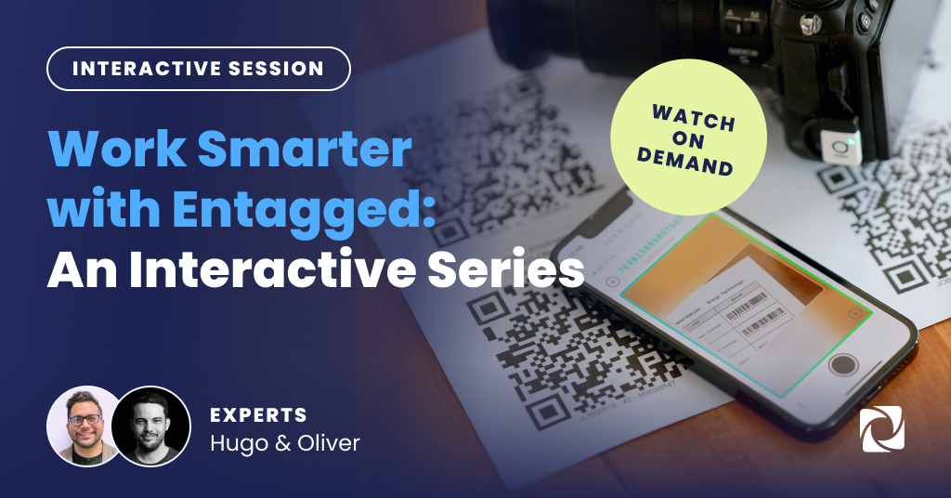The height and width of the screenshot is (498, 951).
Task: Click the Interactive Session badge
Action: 198,69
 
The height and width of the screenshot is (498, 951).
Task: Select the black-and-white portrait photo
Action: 150,426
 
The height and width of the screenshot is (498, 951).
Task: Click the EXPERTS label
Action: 258,414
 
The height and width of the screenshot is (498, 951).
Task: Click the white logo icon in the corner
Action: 882,429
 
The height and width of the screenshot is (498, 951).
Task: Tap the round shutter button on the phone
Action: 843,363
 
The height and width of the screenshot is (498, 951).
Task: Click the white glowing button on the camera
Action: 840,146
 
